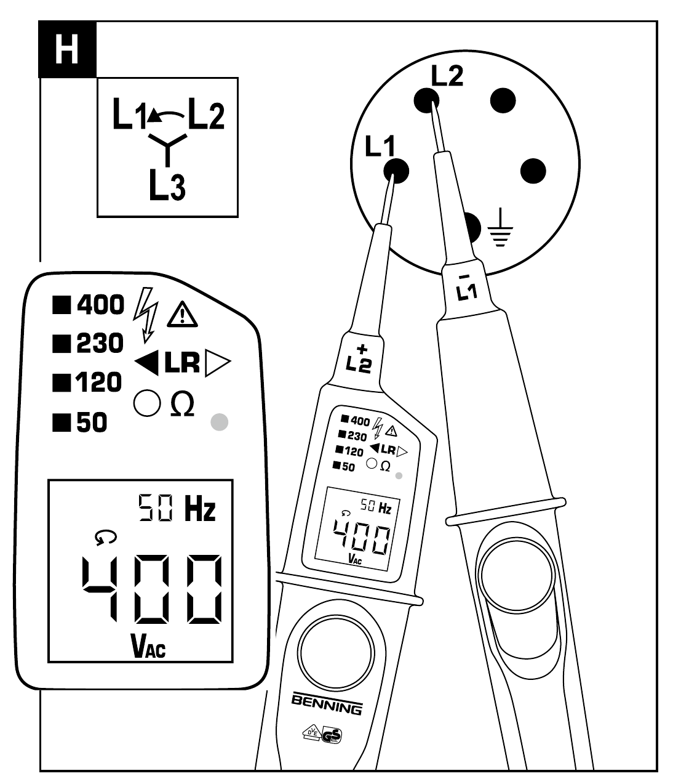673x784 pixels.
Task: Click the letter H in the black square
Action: click(67, 49)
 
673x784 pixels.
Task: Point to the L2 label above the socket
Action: click(447, 75)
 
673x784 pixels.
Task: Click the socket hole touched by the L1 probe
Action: click(397, 170)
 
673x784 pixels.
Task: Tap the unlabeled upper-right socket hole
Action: click(502, 99)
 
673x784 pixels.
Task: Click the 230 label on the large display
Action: click(100, 344)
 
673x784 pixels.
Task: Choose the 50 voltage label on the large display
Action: click(92, 422)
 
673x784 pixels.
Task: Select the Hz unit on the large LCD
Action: click(201, 511)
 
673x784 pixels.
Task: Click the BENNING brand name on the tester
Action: click(326, 706)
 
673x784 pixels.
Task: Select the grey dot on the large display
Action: click(219, 422)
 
